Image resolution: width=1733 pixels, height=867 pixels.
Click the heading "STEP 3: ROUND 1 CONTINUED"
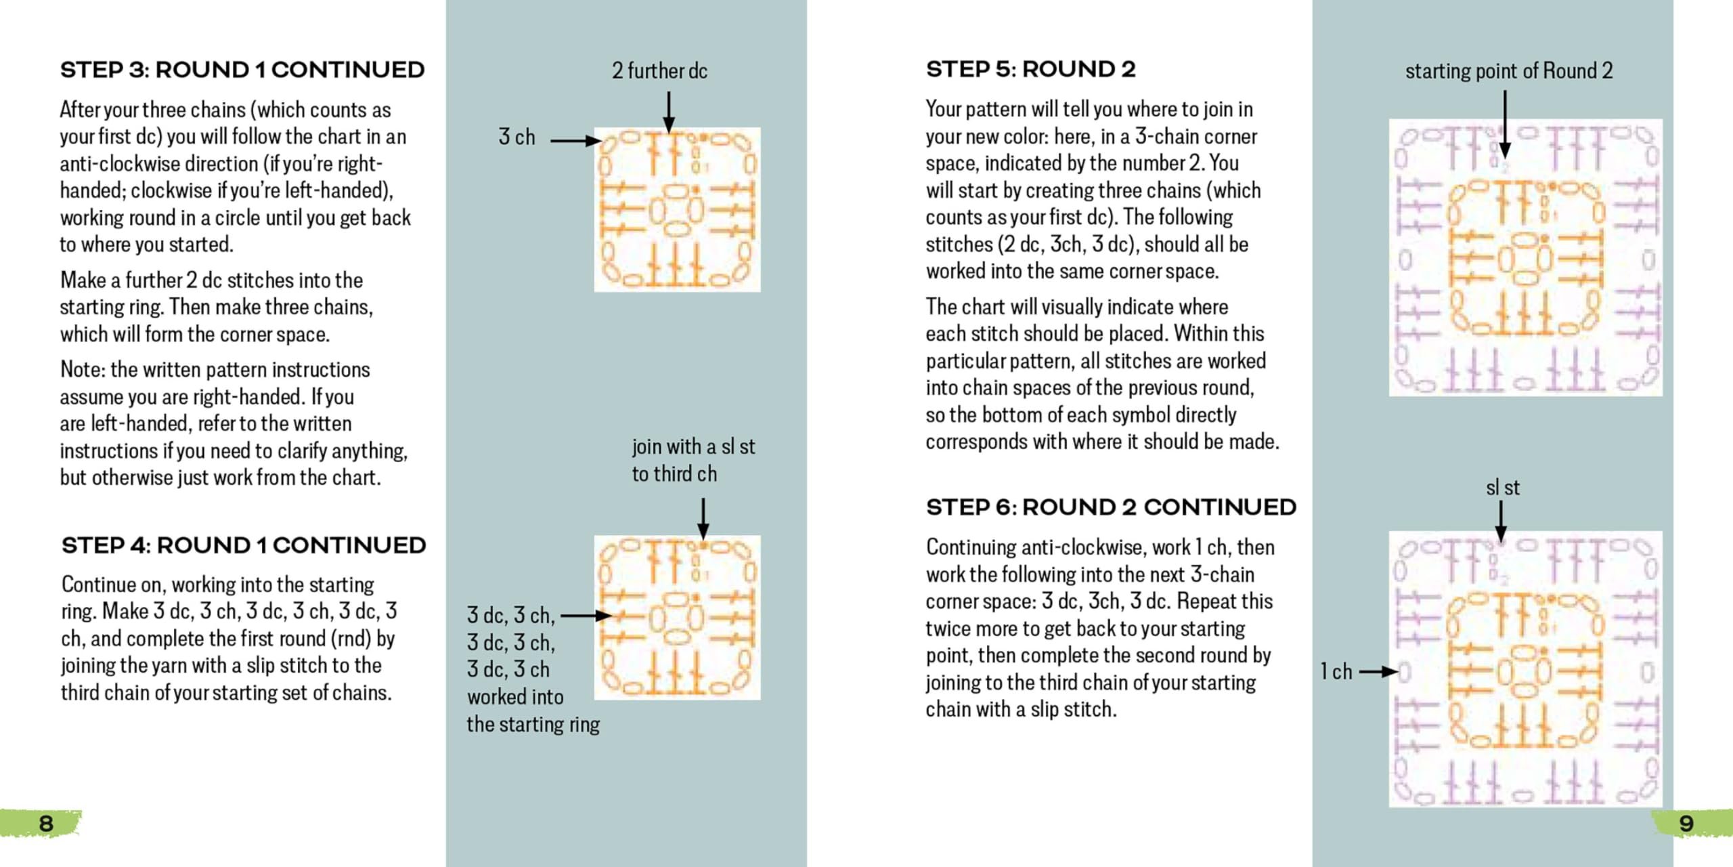pyautogui.click(x=242, y=70)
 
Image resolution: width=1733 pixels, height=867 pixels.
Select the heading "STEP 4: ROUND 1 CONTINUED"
pyautogui.click(x=243, y=545)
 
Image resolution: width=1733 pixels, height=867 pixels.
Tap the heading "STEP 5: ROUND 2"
pyautogui.click(x=1030, y=69)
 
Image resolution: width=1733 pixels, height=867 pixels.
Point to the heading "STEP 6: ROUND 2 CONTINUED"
pyautogui.click(x=1111, y=507)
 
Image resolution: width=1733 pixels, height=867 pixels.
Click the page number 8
pyautogui.click(x=46, y=824)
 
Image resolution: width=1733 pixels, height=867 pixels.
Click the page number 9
pyautogui.click(x=1686, y=824)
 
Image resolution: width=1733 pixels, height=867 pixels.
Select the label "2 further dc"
pyautogui.click(x=659, y=70)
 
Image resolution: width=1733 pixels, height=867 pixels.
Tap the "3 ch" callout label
pyautogui.click(x=517, y=137)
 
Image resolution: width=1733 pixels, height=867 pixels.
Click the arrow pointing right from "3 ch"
pyautogui.click(x=575, y=141)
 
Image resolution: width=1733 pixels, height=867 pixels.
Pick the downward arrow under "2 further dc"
pyautogui.click(x=668, y=112)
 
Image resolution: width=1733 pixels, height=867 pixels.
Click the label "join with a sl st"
pyautogui.click(x=693, y=447)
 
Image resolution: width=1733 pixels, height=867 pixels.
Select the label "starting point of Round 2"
pyautogui.click(x=1509, y=70)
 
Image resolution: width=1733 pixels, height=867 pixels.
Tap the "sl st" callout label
pyautogui.click(x=1502, y=488)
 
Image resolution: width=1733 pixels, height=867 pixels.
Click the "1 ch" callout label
pyautogui.click(x=1336, y=672)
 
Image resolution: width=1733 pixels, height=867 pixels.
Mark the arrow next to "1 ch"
pyautogui.click(x=1378, y=672)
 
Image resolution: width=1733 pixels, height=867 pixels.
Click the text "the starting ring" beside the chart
pyautogui.click(x=533, y=725)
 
